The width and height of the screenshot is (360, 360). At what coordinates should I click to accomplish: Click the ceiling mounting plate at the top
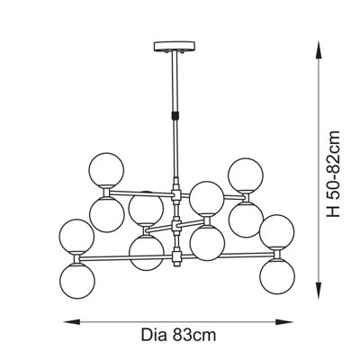pos(175,47)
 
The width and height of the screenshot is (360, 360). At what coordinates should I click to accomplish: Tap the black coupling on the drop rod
pos(175,115)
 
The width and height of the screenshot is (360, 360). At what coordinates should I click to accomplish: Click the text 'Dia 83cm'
pos(178,335)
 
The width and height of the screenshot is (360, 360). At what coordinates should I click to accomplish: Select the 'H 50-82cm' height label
pos(334,174)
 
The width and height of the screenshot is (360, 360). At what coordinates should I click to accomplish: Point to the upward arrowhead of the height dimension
pos(319,49)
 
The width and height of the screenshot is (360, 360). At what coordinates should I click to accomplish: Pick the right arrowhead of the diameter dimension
pos(284,322)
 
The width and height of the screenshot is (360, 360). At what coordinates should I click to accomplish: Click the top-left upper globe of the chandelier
pos(106,170)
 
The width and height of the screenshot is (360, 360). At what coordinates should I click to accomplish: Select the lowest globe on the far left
pos(77,281)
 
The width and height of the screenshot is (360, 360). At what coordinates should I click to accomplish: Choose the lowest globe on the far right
pos(277,276)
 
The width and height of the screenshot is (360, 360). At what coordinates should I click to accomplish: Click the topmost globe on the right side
pos(246,175)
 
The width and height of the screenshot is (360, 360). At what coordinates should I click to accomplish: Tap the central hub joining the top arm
pos(176,195)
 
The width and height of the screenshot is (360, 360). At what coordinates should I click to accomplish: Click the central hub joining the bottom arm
pos(176,256)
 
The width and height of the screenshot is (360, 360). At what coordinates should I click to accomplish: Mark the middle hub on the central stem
pos(176,226)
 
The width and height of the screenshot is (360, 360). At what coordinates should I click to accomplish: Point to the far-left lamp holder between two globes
pos(76,258)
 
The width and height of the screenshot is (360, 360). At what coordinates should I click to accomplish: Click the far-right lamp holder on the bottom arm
pos(277,255)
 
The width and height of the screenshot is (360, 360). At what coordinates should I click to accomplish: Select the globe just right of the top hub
pos(207,198)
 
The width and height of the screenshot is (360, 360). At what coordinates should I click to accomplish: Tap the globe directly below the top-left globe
pos(107,215)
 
